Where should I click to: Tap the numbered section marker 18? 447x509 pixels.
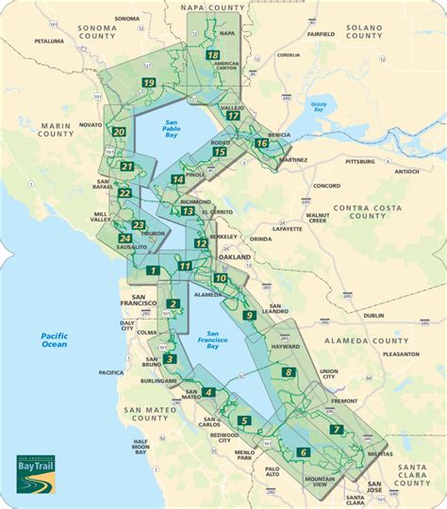tap(213, 56)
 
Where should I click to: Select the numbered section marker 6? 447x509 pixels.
tap(303, 452)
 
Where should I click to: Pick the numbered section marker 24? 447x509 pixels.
tap(125, 239)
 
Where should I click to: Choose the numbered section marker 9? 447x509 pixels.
tap(249, 316)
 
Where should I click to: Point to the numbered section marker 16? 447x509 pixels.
tap(261, 143)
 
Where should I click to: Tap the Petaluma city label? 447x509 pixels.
tap(48, 41)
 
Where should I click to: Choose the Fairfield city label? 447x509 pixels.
tap(321, 34)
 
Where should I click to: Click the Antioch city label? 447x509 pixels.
tap(407, 172)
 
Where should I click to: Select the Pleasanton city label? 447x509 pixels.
tap(403, 354)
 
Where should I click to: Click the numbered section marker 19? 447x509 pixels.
tap(149, 84)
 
